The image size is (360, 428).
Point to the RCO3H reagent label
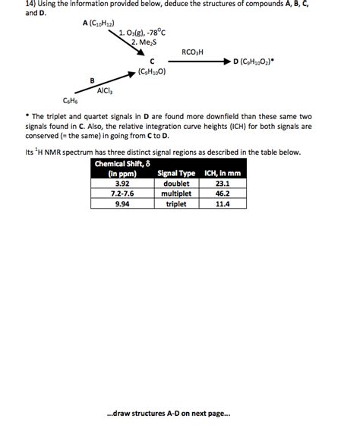pyautogui.click(x=194, y=52)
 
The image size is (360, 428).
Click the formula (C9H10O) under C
pyautogui.click(x=152, y=72)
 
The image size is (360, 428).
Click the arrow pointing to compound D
pyautogui.click(x=197, y=61)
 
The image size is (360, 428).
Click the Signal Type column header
pyautogui.click(x=175, y=174)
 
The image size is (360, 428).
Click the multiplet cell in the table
pyautogui.click(x=175, y=194)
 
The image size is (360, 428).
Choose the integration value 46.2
pyautogui.click(x=223, y=194)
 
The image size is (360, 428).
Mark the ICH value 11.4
pyautogui.click(x=223, y=203)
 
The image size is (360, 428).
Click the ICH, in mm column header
pyautogui.click(x=223, y=174)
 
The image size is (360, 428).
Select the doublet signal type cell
pyautogui.click(x=175, y=183)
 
